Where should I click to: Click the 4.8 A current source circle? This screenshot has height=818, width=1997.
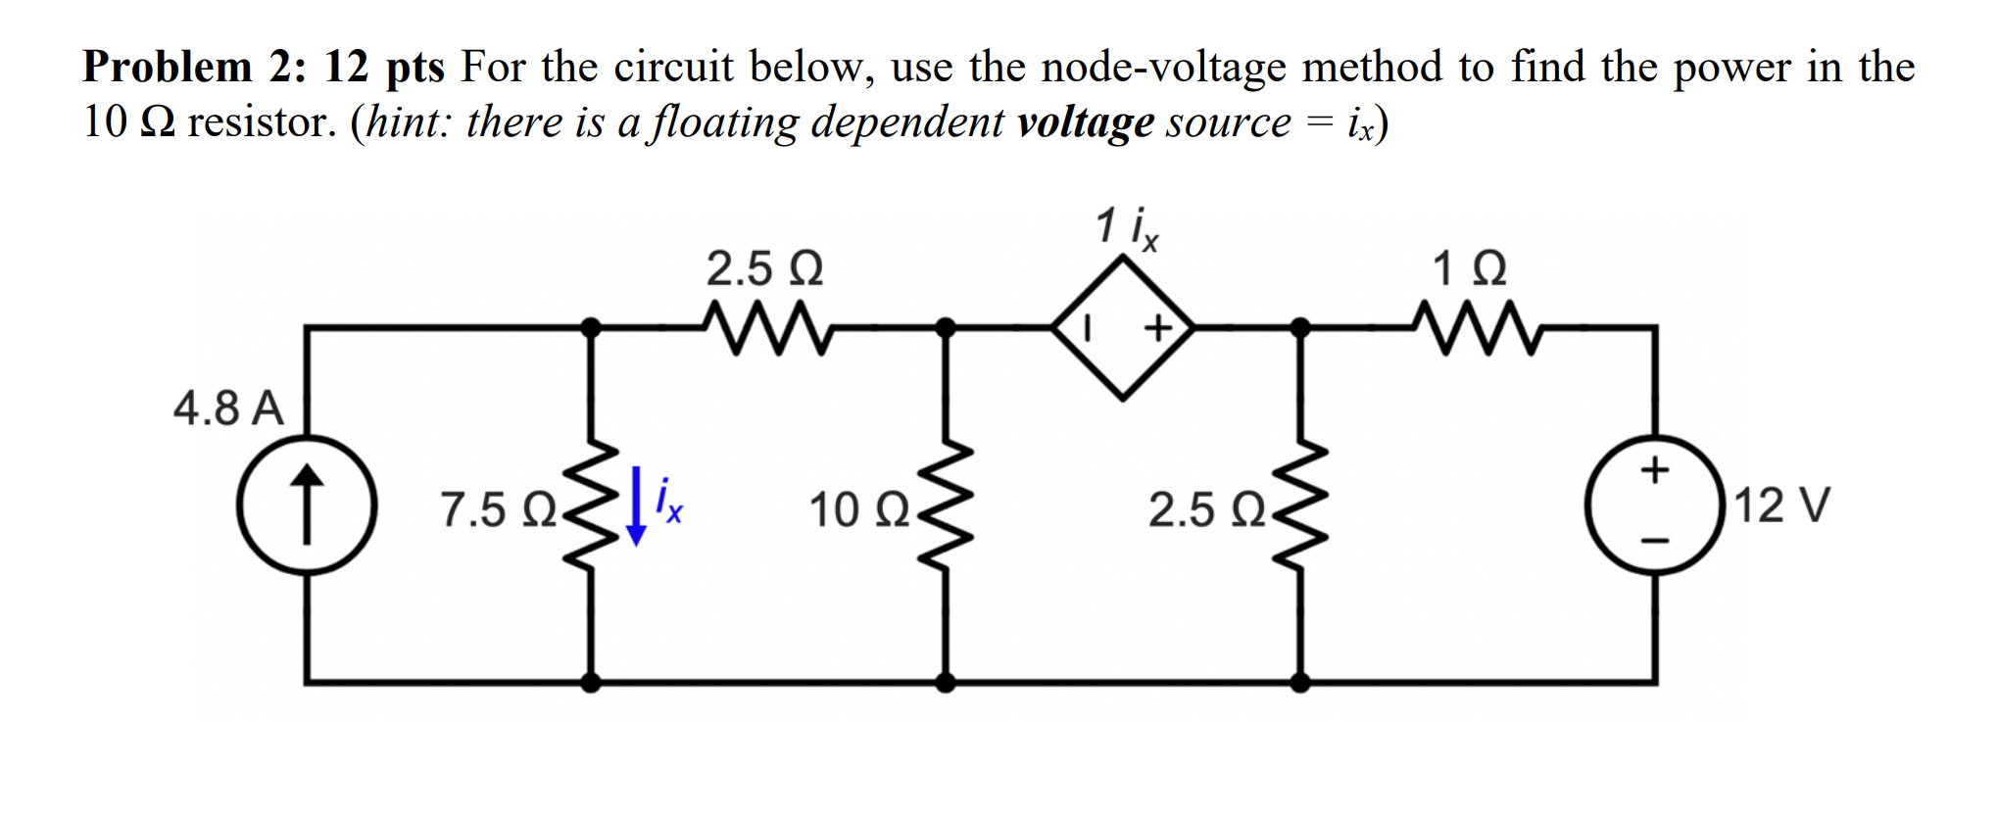[307, 505]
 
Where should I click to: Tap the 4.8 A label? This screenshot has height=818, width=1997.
[228, 408]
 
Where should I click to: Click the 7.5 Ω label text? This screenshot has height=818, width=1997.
[498, 510]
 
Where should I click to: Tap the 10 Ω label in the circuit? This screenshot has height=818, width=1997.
[859, 510]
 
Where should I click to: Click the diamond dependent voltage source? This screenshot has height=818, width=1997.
[1123, 327]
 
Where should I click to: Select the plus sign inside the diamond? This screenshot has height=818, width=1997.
[1158, 328]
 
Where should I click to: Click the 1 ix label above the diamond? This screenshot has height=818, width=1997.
[1127, 227]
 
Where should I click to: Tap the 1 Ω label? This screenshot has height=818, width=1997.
[1469, 268]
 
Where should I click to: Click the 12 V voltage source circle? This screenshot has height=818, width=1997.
[1655, 505]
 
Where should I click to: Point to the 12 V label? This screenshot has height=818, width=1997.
[1781, 505]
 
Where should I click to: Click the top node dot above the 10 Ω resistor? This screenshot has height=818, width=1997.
[946, 327]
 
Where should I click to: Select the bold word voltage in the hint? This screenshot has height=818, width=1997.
[1085, 123]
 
